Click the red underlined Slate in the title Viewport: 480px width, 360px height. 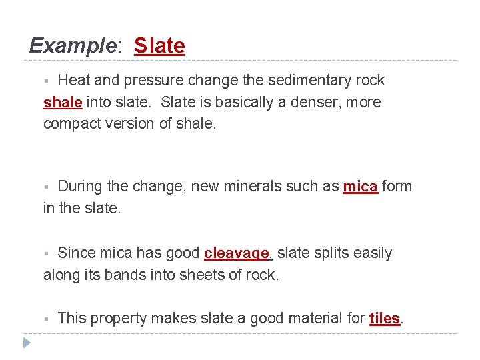[159, 46]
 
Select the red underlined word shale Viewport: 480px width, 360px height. [63, 103]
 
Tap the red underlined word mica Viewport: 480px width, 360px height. [360, 187]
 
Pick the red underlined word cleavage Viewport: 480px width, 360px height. [237, 253]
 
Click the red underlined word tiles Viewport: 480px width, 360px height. [385, 319]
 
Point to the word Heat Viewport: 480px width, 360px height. [74, 81]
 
